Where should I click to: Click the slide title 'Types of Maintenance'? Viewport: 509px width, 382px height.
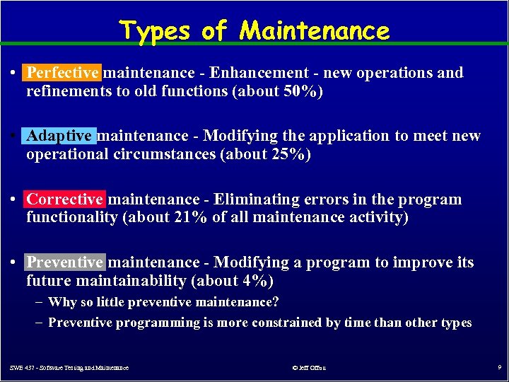click(255, 30)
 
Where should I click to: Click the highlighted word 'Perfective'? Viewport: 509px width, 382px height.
click(62, 73)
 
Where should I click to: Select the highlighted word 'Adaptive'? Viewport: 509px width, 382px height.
click(59, 136)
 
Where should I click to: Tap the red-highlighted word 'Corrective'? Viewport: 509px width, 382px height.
click(64, 199)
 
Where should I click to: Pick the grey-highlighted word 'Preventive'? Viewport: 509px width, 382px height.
click(64, 262)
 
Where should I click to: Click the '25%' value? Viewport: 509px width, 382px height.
click(287, 154)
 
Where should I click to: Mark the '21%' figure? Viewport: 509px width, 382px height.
click(190, 218)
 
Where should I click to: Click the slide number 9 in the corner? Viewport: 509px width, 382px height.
click(498, 368)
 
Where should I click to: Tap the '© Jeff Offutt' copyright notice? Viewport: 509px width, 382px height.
click(309, 368)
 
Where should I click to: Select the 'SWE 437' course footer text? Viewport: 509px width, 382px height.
click(69, 368)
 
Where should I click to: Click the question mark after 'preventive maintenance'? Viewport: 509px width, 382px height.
click(276, 303)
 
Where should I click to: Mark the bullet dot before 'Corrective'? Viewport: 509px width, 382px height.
click(14, 199)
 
